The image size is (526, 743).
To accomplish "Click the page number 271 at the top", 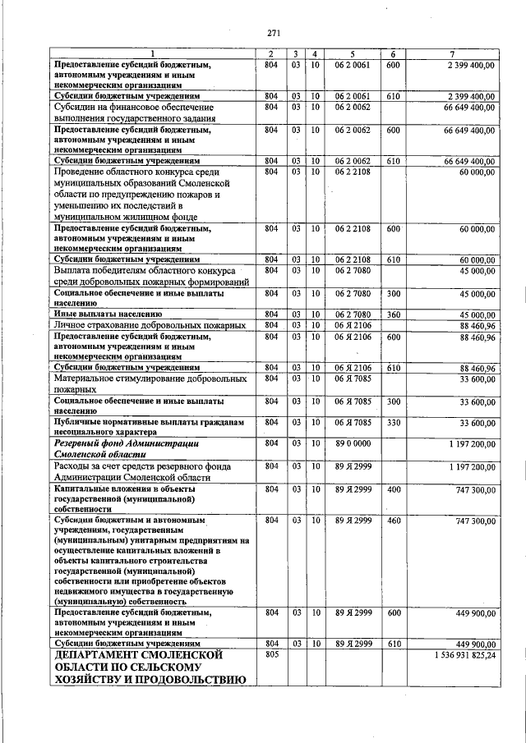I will click(274, 34).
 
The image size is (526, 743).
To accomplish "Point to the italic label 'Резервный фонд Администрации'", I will click(135, 443).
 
